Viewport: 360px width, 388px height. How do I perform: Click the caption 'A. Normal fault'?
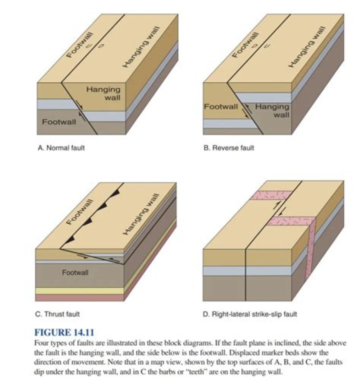pyautogui.click(x=61, y=148)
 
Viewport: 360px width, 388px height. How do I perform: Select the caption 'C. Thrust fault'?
pyautogui.click(x=58, y=314)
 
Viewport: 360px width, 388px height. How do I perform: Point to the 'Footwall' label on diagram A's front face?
pyautogui.click(x=59, y=122)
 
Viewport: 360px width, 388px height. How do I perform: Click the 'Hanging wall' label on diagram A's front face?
pyautogui.click(x=103, y=93)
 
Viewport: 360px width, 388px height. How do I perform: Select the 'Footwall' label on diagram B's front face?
pyautogui.click(x=220, y=106)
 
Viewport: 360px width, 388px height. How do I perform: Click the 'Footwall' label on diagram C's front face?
pyautogui.click(x=75, y=272)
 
